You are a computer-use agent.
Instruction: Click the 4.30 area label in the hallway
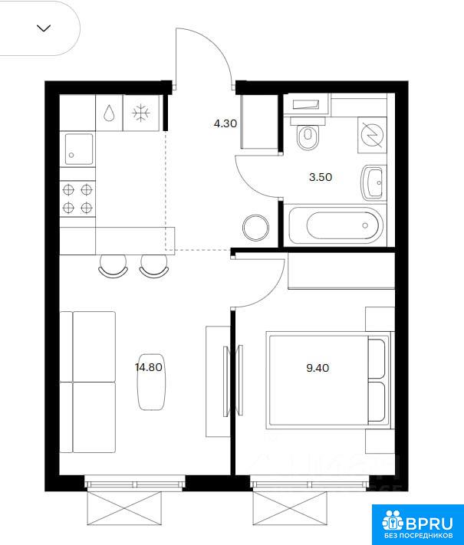tap(225, 123)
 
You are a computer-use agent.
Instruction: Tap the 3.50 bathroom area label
tap(321, 177)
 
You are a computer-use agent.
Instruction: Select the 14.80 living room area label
tap(149, 367)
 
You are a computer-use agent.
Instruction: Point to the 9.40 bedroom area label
tap(318, 368)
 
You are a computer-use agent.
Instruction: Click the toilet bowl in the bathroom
tap(308, 134)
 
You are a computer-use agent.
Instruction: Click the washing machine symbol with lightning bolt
tap(372, 134)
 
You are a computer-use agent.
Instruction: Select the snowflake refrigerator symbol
tap(141, 113)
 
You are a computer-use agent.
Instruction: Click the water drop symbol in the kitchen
tap(109, 113)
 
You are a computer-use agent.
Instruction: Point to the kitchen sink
tap(79, 149)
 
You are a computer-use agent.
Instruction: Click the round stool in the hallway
tap(255, 228)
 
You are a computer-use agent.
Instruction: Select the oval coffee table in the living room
tap(152, 382)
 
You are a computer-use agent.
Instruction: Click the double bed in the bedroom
tap(328, 380)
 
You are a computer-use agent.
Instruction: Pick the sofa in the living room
tap(87, 382)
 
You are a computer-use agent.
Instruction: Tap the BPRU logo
tap(418, 524)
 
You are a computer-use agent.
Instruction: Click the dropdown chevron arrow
tap(44, 28)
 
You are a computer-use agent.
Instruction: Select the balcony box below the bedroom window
tap(290, 508)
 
